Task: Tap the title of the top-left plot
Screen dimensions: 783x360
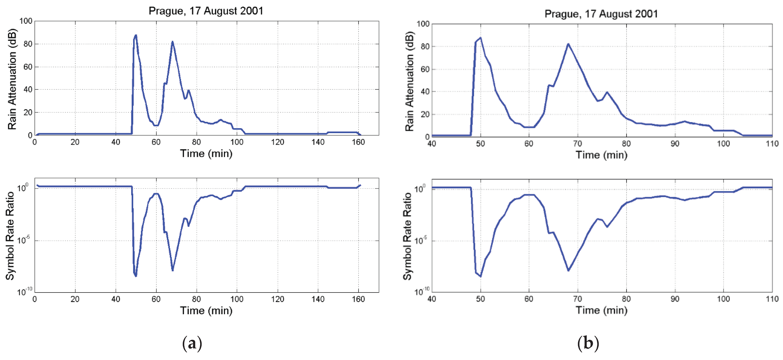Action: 206,11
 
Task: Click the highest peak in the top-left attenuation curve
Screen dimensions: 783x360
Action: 136,35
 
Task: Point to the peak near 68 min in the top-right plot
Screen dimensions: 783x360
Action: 568,44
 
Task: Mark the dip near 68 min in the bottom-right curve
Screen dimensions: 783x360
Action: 568,270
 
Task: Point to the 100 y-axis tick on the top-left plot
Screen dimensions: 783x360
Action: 26,21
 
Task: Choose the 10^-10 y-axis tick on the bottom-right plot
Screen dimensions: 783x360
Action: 422,291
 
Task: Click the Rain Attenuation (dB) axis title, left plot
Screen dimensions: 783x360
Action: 12,79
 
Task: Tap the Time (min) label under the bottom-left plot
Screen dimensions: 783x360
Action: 206,311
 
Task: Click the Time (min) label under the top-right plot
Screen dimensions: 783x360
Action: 602,155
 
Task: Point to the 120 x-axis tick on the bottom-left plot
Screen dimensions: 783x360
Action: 278,299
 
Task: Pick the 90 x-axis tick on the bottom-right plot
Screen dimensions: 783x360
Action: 675,299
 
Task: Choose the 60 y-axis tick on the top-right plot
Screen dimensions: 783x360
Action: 425,69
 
